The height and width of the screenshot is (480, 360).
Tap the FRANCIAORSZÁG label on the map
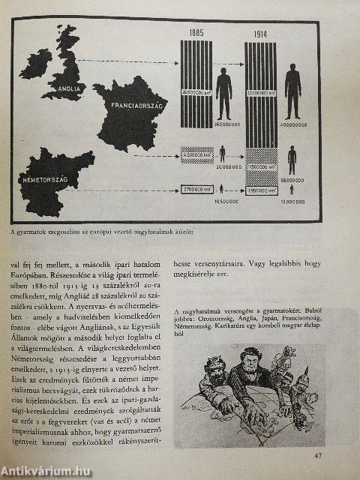(x=139, y=107)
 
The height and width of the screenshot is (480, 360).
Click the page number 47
(x=318, y=455)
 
